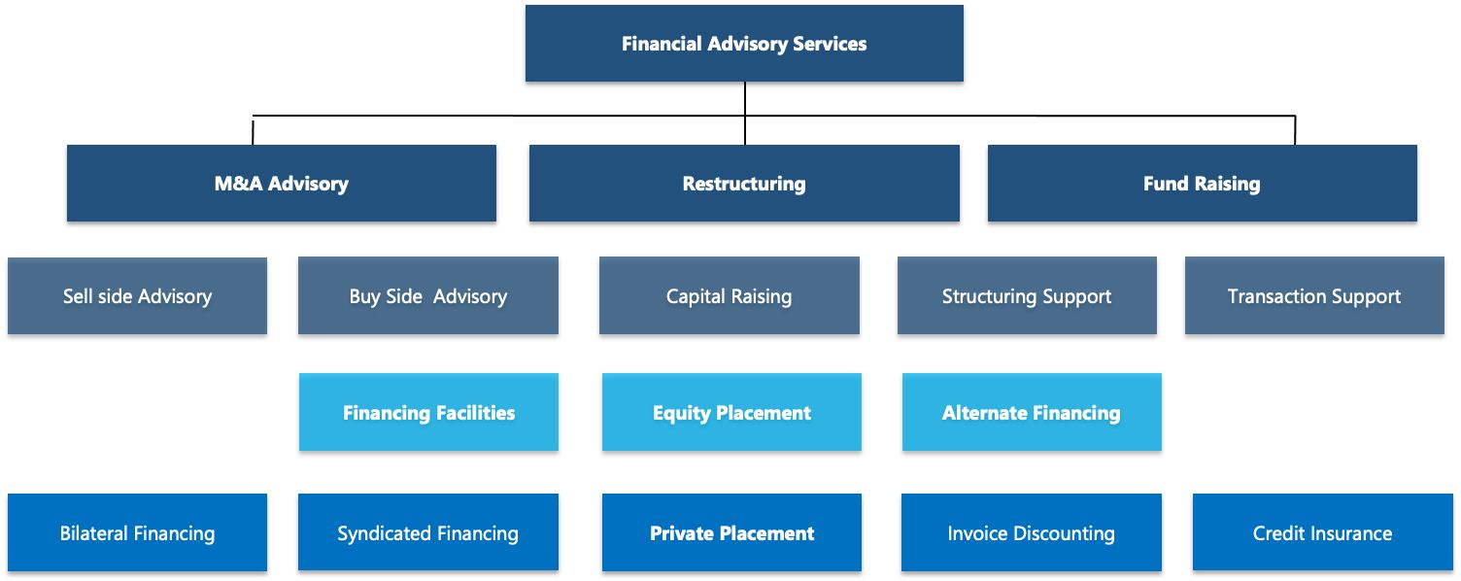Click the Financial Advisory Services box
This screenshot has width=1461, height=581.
tap(744, 44)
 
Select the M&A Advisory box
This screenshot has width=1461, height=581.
tap(282, 184)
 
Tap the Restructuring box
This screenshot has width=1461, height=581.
tap(744, 184)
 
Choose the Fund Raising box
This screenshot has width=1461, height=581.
tap(1202, 184)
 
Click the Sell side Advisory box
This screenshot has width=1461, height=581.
tap(137, 296)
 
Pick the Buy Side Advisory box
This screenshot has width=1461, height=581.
tap(428, 296)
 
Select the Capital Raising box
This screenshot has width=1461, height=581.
tap(729, 296)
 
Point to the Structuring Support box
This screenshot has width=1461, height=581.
tap(1027, 296)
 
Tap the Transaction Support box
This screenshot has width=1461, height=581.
tap(1314, 296)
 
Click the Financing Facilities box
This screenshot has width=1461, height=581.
tap(428, 413)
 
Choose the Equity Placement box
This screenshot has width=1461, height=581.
tap(731, 413)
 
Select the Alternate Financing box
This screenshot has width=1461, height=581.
tap(1032, 413)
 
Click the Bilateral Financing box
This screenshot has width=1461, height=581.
tap(137, 533)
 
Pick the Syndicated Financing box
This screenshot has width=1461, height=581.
tap(428, 533)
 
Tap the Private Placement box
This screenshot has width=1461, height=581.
tap(731, 533)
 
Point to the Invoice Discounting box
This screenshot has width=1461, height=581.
tap(1031, 533)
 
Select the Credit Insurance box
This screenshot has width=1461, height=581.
tap(1322, 533)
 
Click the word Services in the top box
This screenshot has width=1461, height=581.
tap(829, 44)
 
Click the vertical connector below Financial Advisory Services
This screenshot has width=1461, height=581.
tap(745, 99)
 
